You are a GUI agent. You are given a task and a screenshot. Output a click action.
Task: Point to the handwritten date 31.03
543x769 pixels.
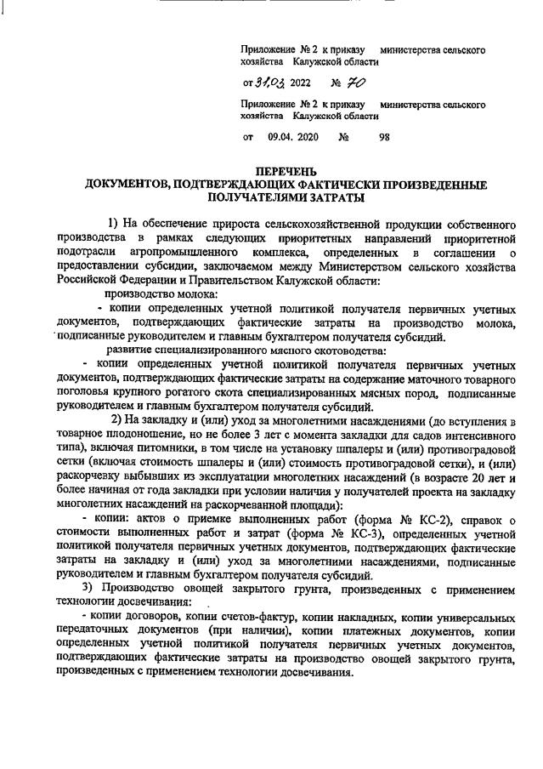(x=269, y=83)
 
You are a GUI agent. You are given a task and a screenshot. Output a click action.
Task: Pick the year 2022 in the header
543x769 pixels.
(x=300, y=83)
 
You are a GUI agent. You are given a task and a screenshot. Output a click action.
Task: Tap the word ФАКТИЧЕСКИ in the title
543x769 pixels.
(x=316, y=185)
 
